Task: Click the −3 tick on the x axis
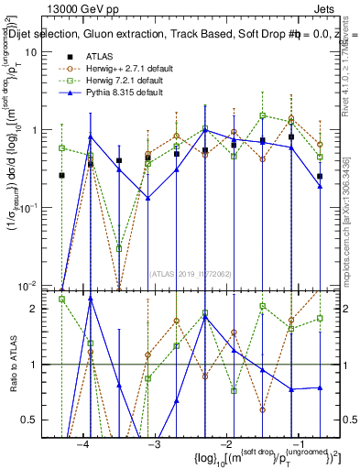click(153, 443)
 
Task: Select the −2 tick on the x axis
click(224, 443)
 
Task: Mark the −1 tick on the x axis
click(294, 443)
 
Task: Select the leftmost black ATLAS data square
click(62, 175)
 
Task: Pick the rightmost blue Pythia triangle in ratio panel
click(320, 387)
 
